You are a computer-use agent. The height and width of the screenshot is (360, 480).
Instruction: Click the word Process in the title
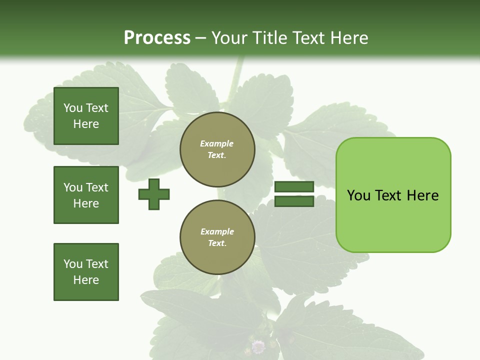(x=157, y=38)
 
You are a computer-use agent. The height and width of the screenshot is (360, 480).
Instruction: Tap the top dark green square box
(x=86, y=116)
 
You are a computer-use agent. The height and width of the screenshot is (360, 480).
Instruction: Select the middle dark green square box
(x=86, y=195)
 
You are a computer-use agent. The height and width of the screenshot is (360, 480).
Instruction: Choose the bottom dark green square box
(x=86, y=272)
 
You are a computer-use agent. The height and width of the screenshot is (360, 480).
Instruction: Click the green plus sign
(x=154, y=194)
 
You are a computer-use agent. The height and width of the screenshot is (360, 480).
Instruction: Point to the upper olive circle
(x=217, y=149)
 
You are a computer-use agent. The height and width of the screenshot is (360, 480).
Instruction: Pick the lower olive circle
(x=217, y=237)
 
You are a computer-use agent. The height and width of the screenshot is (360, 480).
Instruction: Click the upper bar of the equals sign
(x=294, y=187)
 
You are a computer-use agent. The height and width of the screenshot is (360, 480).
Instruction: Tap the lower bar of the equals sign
(x=294, y=201)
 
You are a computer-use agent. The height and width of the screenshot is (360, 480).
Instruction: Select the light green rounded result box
(x=393, y=195)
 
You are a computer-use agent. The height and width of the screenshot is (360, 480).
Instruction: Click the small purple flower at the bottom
(x=258, y=346)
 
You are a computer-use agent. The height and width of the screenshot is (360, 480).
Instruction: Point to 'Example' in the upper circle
(x=217, y=143)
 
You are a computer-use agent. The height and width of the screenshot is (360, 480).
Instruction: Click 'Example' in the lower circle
(x=217, y=231)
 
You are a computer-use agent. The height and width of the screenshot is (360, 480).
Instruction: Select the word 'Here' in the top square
(x=86, y=124)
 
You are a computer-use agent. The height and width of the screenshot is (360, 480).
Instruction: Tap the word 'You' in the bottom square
(x=73, y=264)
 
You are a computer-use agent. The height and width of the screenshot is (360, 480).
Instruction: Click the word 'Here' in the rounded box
(x=422, y=195)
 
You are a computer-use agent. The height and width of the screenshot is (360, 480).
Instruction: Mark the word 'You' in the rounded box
(x=358, y=195)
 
